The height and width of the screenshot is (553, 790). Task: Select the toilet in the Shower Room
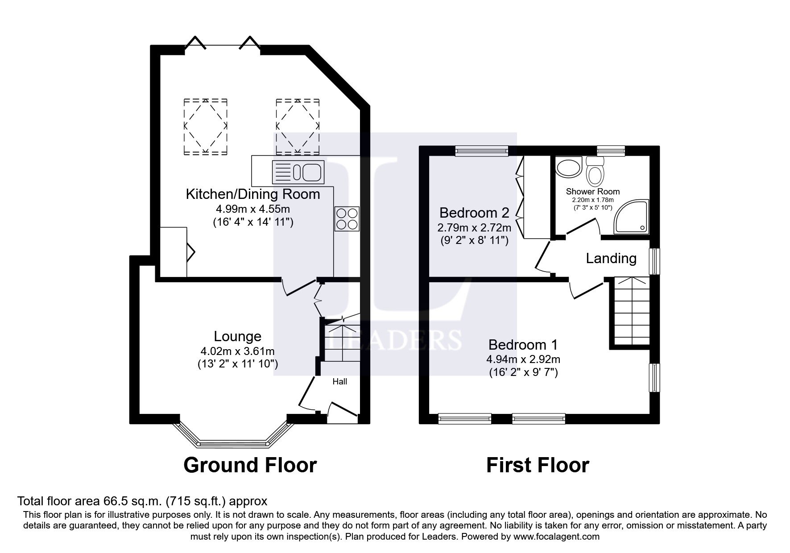(x=595, y=170)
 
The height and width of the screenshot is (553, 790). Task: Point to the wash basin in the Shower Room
(x=568, y=167)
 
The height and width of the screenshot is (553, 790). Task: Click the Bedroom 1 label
(x=523, y=345)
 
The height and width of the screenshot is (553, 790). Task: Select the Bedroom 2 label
(x=474, y=212)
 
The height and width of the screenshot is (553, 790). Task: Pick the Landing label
(x=611, y=258)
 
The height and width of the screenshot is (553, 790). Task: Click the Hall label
(x=340, y=382)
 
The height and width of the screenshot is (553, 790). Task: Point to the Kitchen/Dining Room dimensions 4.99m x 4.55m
(x=253, y=209)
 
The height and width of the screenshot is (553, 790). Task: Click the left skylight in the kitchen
(x=206, y=127)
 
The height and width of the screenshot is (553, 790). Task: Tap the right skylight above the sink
(x=298, y=127)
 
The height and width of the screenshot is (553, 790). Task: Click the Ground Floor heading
(x=250, y=465)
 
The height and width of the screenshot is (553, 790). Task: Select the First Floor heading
(x=538, y=465)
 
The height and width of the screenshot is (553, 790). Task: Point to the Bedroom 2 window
(x=482, y=152)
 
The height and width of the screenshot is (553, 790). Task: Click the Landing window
(x=654, y=261)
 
